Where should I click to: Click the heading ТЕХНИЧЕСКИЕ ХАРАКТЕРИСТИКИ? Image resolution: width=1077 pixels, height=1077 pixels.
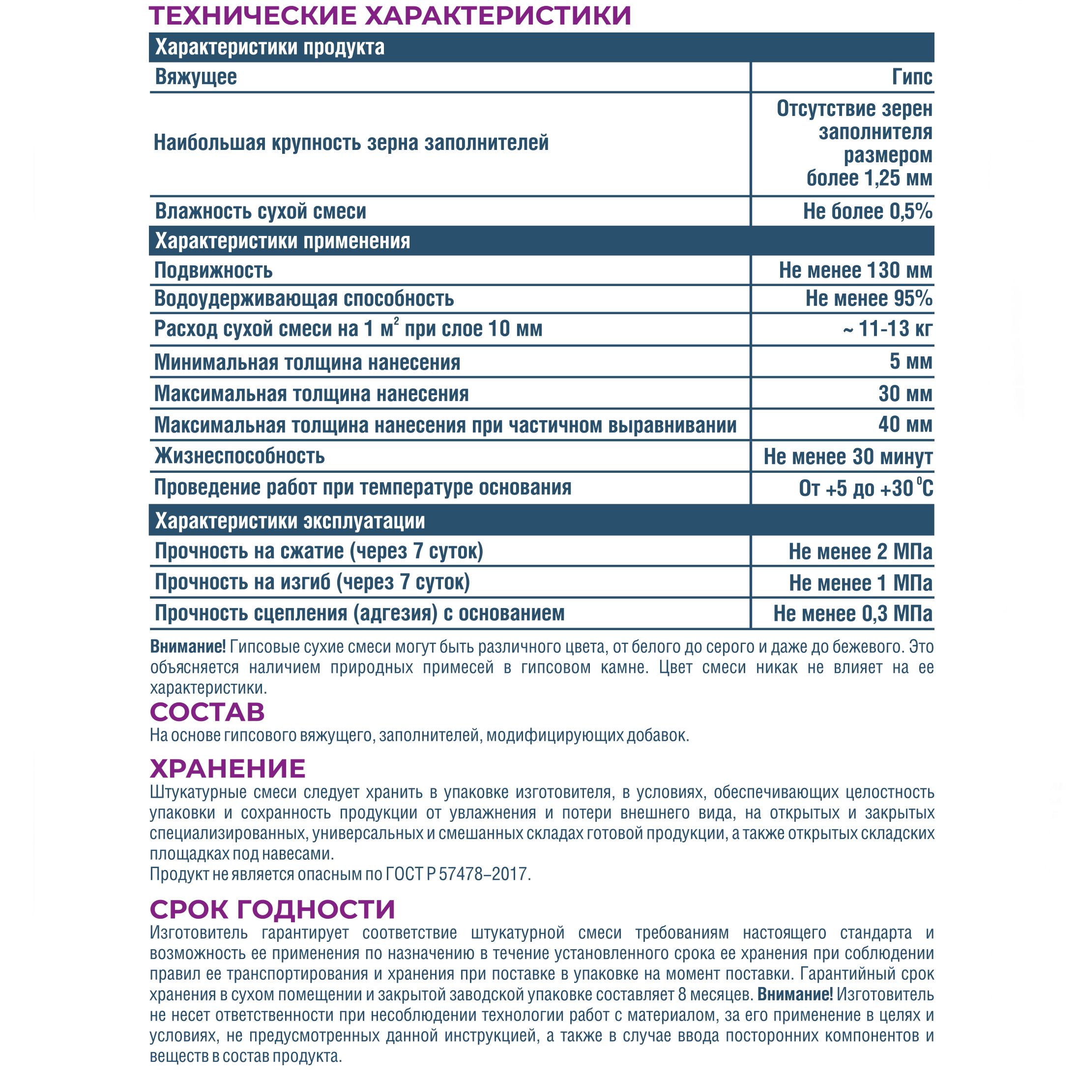pyautogui.click(x=390, y=16)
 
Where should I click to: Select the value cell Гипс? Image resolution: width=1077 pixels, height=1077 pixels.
pyautogui.click(x=911, y=77)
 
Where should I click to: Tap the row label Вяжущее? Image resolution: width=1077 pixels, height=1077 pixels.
pyautogui.click(x=196, y=77)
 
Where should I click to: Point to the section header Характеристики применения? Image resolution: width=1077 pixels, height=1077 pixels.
pyautogui.click(x=283, y=241)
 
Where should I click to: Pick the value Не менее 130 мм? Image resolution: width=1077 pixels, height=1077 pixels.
pyautogui.click(x=855, y=270)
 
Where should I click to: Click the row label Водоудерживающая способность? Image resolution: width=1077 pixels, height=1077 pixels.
pyautogui.click(x=304, y=299)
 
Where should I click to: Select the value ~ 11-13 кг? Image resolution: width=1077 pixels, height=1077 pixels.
pyautogui.click(x=887, y=328)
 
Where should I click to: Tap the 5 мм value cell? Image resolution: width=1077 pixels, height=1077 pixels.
pyautogui.click(x=910, y=361)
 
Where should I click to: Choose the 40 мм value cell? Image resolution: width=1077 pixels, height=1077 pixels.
pyautogui.click(x=905, y=425)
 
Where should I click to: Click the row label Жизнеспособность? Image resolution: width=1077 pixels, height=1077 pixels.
pyautogui.click(x=240, y=456)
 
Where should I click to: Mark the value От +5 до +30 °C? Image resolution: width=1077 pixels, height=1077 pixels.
pyautogui.click(x=865, y=488)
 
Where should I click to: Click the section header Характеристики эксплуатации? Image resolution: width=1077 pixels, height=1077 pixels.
pyautogui.click(x=290, y=521)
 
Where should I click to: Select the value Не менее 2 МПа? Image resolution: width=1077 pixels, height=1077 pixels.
pyautogui.click(x=860, y=552)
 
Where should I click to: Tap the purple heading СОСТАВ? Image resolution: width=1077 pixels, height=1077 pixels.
pyautogui.click(x=207, y=712)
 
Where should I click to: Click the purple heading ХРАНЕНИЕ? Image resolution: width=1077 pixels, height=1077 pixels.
pyautogui.click(x=228, y=769)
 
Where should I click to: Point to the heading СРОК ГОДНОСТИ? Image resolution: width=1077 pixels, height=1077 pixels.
pyautogui.click(x=272, y=909)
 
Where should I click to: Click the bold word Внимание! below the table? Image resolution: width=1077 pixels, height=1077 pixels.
pyautogui.click(x=187, y=647)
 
